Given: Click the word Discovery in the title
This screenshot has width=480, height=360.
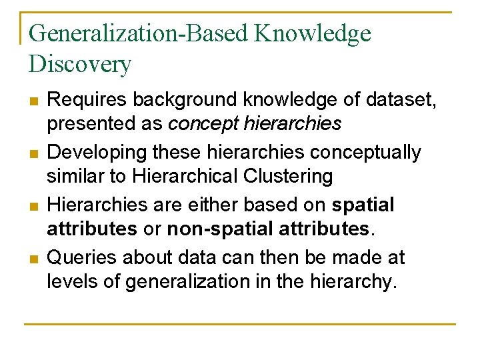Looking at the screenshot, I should click(x=80, y=65).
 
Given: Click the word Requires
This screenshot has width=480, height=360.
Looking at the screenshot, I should click(x=87, y=100).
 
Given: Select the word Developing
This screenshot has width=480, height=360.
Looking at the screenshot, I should click(x=97, y=153).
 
